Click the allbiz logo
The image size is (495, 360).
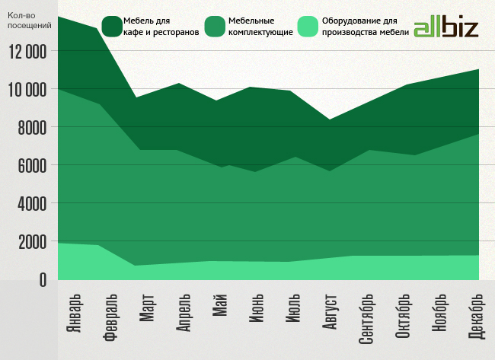(445, 28)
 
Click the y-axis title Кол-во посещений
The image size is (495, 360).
(30, 21)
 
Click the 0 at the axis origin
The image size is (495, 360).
(42, 280)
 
